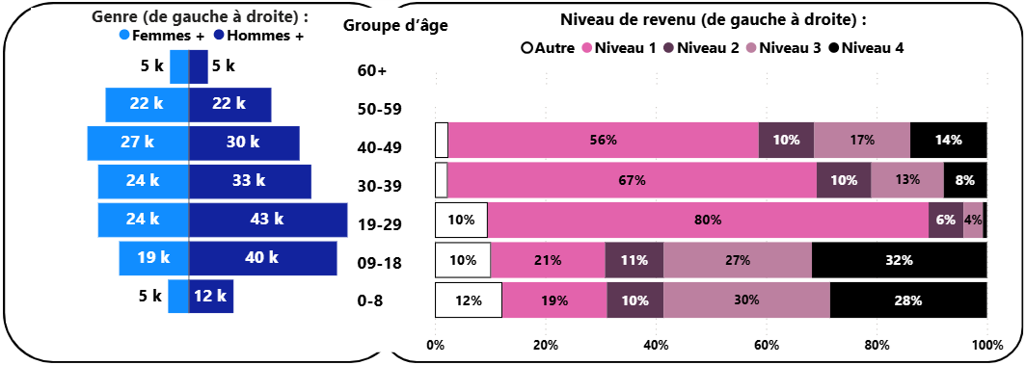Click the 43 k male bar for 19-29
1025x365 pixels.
coord(268,220)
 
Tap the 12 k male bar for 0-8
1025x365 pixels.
coord(211,297)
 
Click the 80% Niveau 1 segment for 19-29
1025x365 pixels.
coord(708,220)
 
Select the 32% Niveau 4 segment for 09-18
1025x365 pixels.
coord(899,260)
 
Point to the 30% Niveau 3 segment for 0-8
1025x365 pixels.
coord(745,300)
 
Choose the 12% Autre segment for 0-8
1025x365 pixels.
coord(469,300)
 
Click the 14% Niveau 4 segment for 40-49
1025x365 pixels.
coord(948,140)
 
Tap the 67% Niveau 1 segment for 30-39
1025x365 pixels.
coord(632,180)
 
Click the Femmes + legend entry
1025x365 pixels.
coord(161,36)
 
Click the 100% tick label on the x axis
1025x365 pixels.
coord(986,345)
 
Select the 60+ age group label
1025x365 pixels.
coord(371,71)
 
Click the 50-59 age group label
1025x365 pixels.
coord(379,110)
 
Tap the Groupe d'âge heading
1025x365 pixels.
coord(394,25)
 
